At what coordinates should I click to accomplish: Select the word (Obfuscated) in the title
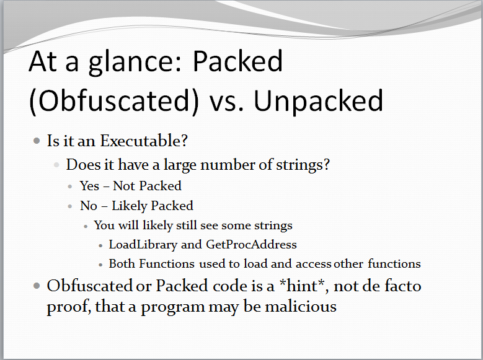pos(113,101)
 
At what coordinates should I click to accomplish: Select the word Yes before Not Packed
pos(90,186)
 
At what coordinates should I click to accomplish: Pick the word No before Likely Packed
pos(89,206)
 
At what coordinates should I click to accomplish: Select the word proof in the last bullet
pos(68,307)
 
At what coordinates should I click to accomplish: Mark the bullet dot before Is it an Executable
pos(37,141)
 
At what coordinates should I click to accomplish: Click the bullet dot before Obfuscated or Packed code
pos(37,286)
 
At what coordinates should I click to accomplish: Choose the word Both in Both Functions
pos(122,263)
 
